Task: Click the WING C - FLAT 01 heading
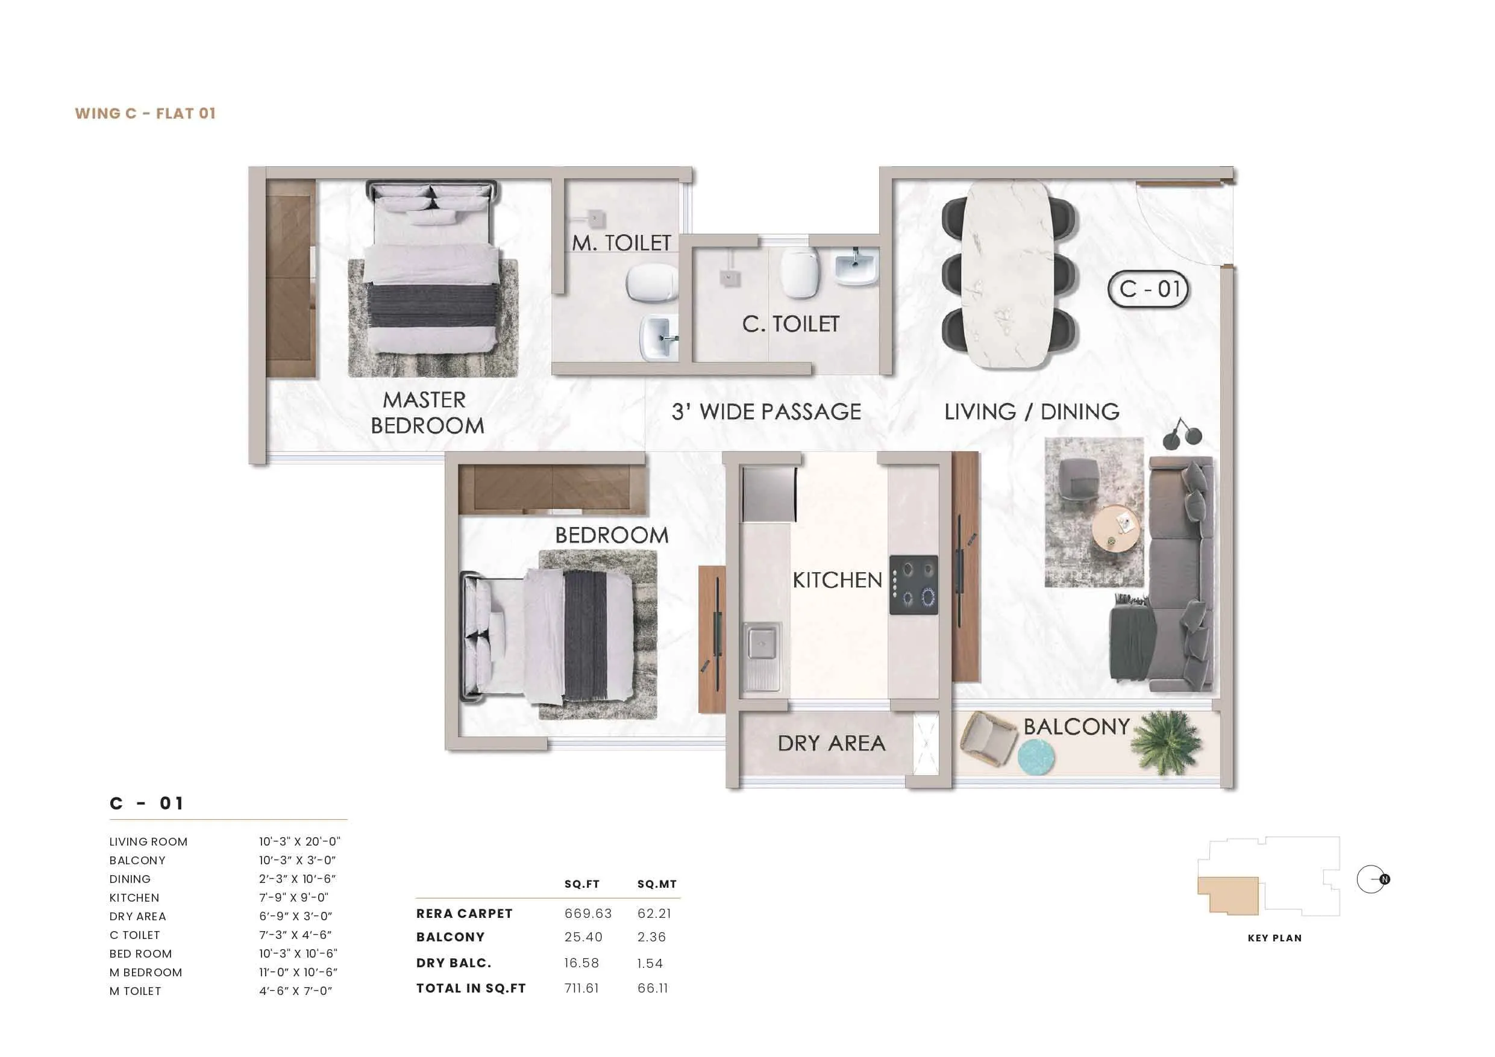[145, 113]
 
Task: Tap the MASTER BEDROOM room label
[427, 412]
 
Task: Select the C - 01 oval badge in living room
[1148, 289]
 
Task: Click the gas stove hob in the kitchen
[914, 584]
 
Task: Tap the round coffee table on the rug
[1116, 528]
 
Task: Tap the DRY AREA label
[831, 743]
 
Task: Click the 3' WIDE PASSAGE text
[766, 412]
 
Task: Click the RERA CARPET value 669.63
[588, 913]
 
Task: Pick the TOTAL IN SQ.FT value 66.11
[653, 988]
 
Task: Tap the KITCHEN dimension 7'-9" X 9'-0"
[293, 897]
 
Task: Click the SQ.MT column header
[656, 884]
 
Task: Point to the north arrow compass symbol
[1373, 879]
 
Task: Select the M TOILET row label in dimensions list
[135, 991]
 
